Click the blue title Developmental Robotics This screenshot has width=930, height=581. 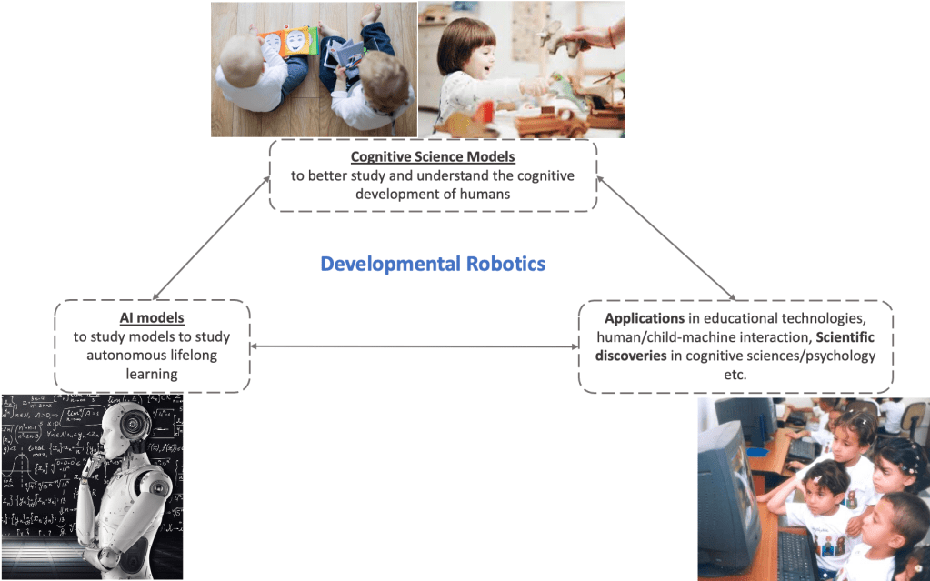pyautogui.click(x=433, y=264)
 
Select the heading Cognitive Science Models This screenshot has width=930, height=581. pyautogui.click(x=433, y=157)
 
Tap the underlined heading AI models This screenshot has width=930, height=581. pyautogui.click(x=152, y=317)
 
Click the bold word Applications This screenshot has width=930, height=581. pyautogui.click(x=645, y=319)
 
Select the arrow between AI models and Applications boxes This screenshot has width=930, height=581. pyautogui.click(x=414, y=346)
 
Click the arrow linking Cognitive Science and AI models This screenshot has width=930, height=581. pyautogui.click(x=212, y=238)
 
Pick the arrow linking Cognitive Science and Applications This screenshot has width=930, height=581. pyautogui.click(x=665, y=238)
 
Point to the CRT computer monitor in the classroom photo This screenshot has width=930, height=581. pyautogui.click(x=727, y=491)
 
